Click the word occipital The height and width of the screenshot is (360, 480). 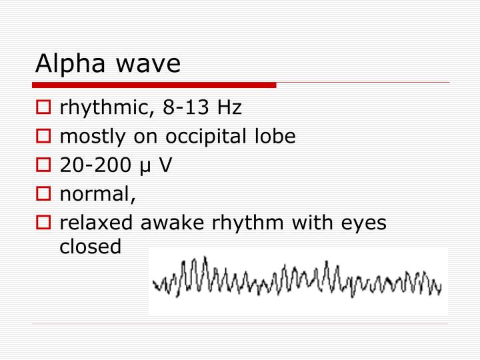pyautogui.click(x=207, y=137)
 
